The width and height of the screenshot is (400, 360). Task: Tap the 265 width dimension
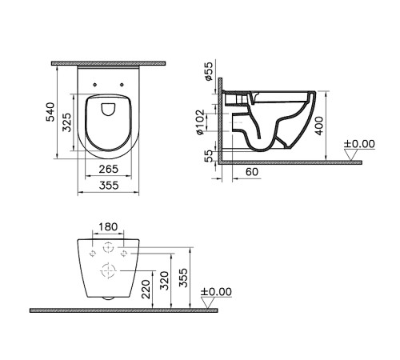coord(110,169)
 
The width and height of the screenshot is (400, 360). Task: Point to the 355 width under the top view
coord(110,185)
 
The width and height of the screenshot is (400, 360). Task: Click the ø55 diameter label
coord(209,75)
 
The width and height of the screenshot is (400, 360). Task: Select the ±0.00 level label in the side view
coord(359,144)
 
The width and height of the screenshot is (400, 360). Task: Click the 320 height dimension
coord(166,281)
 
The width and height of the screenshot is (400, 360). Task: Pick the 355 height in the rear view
coord(185,276)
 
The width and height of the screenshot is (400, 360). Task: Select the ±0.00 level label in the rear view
coord(216,292)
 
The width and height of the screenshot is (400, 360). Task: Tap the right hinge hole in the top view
coord(122,83)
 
